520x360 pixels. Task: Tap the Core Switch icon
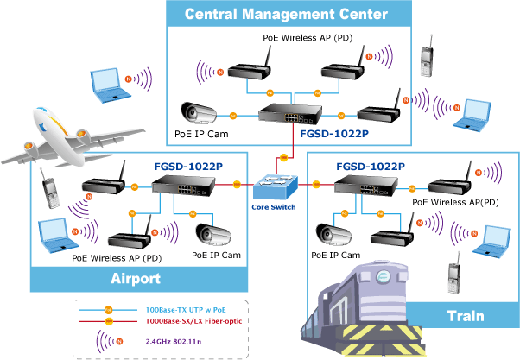point(273,186)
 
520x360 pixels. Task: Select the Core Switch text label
point(274,207)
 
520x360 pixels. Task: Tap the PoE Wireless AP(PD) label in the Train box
point(455,201)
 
